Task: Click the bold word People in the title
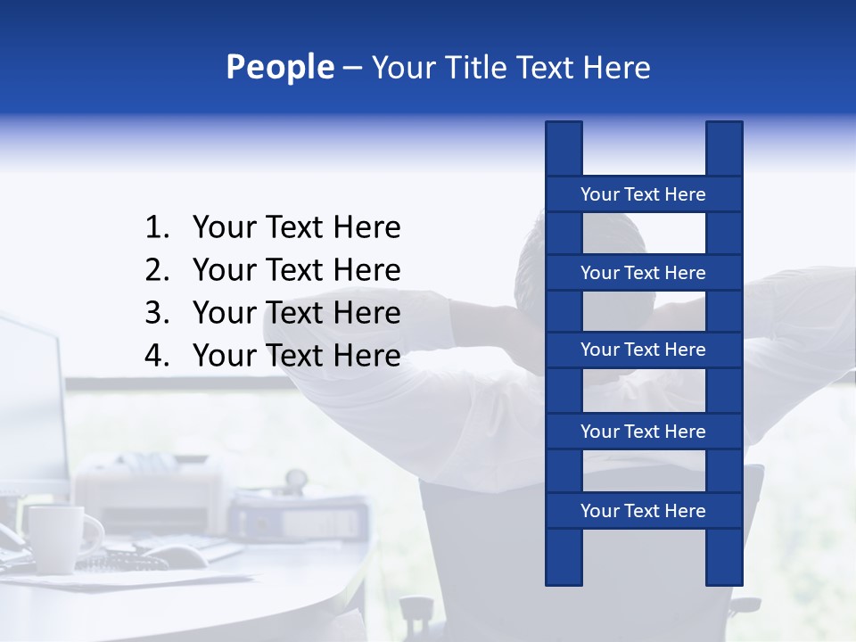pos(280,68)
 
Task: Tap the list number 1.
pos(157,228)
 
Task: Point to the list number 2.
pos(157,270)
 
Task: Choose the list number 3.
pos(157,313)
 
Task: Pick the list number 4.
pos(157,356)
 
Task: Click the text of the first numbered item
pos(296,228)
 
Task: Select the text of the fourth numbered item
pos(296,356)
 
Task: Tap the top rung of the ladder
pos(643,194)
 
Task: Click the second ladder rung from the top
pos(643,273)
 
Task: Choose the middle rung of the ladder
pos(643,350)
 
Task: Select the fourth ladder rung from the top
pos(643,432)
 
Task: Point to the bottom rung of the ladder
pos(643,511)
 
